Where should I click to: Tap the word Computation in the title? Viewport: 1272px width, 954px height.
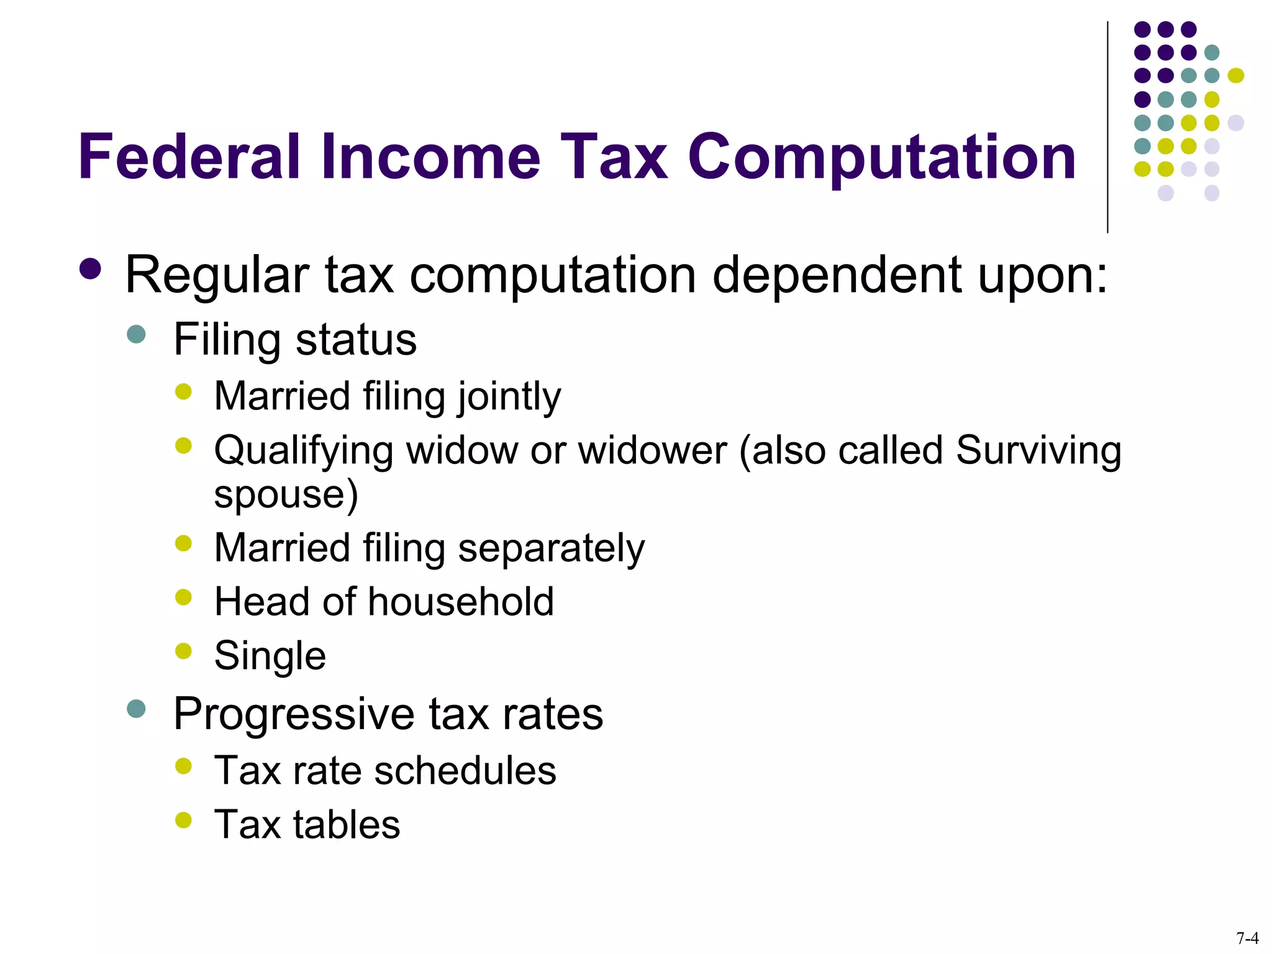(881, 158)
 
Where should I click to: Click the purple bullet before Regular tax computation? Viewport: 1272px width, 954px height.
(91, 270)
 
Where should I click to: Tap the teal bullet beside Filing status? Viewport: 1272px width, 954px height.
(136, 335)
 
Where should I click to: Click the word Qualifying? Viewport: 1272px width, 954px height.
(303, 451)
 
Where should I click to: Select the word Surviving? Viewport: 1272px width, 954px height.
(1038, 450)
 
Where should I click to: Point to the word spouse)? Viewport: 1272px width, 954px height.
(286, 495)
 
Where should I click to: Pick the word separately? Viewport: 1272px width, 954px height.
(551, 548)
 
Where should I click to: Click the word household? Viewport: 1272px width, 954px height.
(460, 602)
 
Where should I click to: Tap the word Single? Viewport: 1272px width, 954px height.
(270, 656)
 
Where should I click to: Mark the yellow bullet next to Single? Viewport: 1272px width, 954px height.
(183, 651)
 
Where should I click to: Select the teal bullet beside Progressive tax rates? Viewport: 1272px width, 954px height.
(136, 709)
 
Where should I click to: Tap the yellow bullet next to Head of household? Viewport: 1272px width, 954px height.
(183, 597)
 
